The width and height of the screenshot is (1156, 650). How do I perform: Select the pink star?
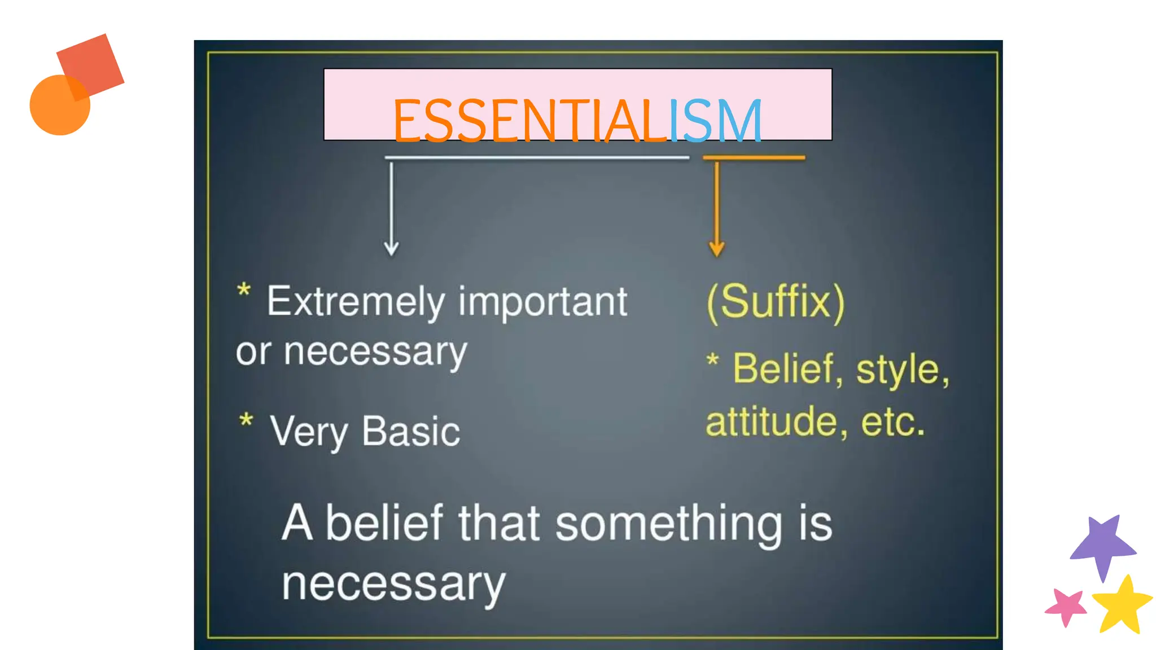(1066, 607)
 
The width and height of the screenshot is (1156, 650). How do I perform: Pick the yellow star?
(1122, 605)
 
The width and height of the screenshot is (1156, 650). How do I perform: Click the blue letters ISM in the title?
(715, 120)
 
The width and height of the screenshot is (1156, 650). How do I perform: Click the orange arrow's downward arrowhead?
(716, 248)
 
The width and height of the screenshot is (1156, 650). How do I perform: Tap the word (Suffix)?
(776, 302)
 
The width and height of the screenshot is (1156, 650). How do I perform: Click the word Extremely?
(356, 302)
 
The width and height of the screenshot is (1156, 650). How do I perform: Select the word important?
(542, 302)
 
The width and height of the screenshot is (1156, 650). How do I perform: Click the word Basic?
(411, 432)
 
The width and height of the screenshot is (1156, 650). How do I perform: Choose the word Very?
(308, 432)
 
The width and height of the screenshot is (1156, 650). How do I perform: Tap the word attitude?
(776, 422)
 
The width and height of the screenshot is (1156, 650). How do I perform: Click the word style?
(903, 370)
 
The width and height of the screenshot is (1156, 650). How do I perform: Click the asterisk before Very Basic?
(246, 421)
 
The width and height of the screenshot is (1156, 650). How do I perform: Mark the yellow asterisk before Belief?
(713, 360)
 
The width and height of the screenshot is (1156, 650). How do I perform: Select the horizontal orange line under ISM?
(754, 158)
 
